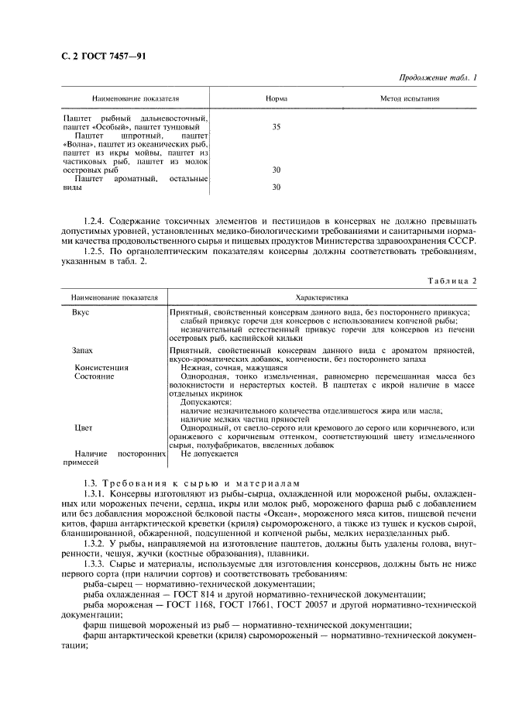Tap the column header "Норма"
coord(277,99)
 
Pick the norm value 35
coord(277,126)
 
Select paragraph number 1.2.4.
coord(98,222)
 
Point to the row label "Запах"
coord(83,350)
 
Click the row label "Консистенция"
coord(101,367)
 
